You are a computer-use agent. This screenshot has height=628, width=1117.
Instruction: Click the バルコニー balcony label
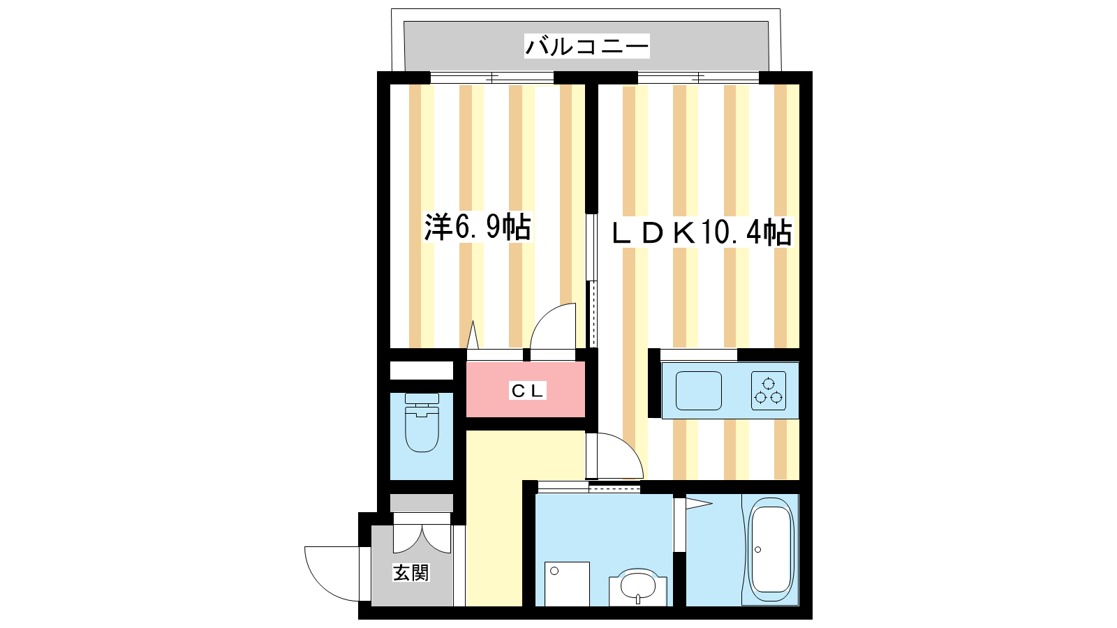pyautogui.click(x=587, y=46)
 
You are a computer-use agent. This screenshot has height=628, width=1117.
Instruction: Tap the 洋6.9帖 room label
pyautogui.click(x=478, y=227)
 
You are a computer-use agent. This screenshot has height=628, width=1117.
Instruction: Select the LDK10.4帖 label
pyautogui.click(x=702, y=232)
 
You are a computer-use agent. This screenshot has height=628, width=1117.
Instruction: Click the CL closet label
pyautogui.click(x=528, y=391)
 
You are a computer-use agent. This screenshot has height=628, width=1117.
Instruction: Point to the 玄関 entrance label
pyautogui.click(x=410, y=573)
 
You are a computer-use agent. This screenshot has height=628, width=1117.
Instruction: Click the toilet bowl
pyautogui.click(x=422, y=428)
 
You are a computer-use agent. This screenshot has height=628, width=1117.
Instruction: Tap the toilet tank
pyautogui.click(x=422, y=398)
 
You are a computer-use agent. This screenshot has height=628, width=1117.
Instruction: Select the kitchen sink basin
pyautogui.click(x=699, y=391)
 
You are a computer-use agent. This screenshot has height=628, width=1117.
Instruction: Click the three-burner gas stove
pyautogui.click(x=769, y=391)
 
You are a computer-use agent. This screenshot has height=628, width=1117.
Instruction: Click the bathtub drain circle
pyautogui.click(x=758, y=550)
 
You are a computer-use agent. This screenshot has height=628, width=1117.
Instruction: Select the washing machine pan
pyautogui.click(x=567, y=583)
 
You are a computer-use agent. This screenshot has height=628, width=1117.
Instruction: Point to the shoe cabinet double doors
pyautogui.click(x=422, y=539)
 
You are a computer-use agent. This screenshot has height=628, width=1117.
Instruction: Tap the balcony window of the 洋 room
pyautogui.click(x=492, y=77)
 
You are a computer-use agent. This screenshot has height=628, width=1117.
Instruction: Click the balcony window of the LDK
pyautogui.click(x=699, y=77)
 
